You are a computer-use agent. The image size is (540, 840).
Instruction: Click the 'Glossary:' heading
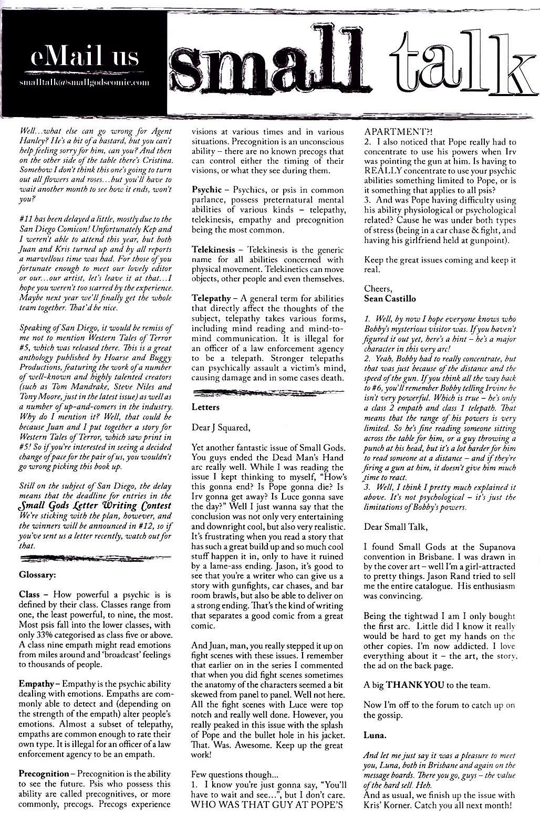(37, 574)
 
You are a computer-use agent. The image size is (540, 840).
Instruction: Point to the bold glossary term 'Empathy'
(36, 684)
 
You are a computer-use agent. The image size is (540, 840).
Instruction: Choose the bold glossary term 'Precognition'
(44, 774)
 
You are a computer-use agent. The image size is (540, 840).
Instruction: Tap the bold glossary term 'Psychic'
(207, 190)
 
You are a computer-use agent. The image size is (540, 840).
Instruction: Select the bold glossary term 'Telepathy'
(211, 298)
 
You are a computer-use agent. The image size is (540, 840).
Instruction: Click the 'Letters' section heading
(205, 407)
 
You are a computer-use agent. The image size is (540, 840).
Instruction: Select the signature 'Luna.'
(375, 736)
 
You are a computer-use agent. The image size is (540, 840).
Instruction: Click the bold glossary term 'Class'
(29, 595)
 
